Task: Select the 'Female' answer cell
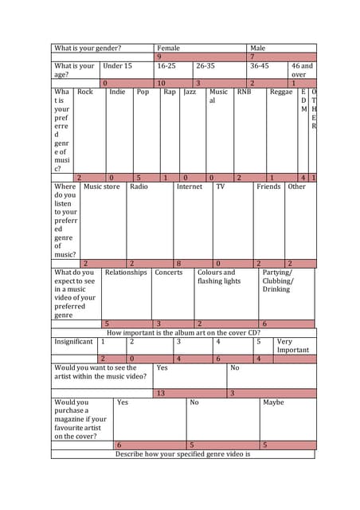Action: click(168, 48)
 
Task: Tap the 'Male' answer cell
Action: click(257, 48)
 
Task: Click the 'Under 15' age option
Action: click(117, 66)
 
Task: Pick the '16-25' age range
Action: click(166, 66)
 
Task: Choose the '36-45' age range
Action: click(260, 66)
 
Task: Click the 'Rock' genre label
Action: click(85, 92)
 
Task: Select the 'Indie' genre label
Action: click(117, 92)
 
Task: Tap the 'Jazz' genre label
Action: click(190, 92)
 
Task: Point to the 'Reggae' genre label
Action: click(281, 92)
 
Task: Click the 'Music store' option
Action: click(102, 186)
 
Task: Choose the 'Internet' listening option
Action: click(190, 186)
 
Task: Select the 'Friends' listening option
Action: click(268, 186)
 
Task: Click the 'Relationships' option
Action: click(126, 272)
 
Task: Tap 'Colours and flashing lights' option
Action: click(218, 277)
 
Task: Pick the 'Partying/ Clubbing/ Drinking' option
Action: click(277, 280)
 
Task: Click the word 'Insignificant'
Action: click(73, 341)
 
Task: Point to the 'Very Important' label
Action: click(292, 345)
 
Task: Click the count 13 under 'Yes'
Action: click(160, 393)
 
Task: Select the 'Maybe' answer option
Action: click(273, 402)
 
